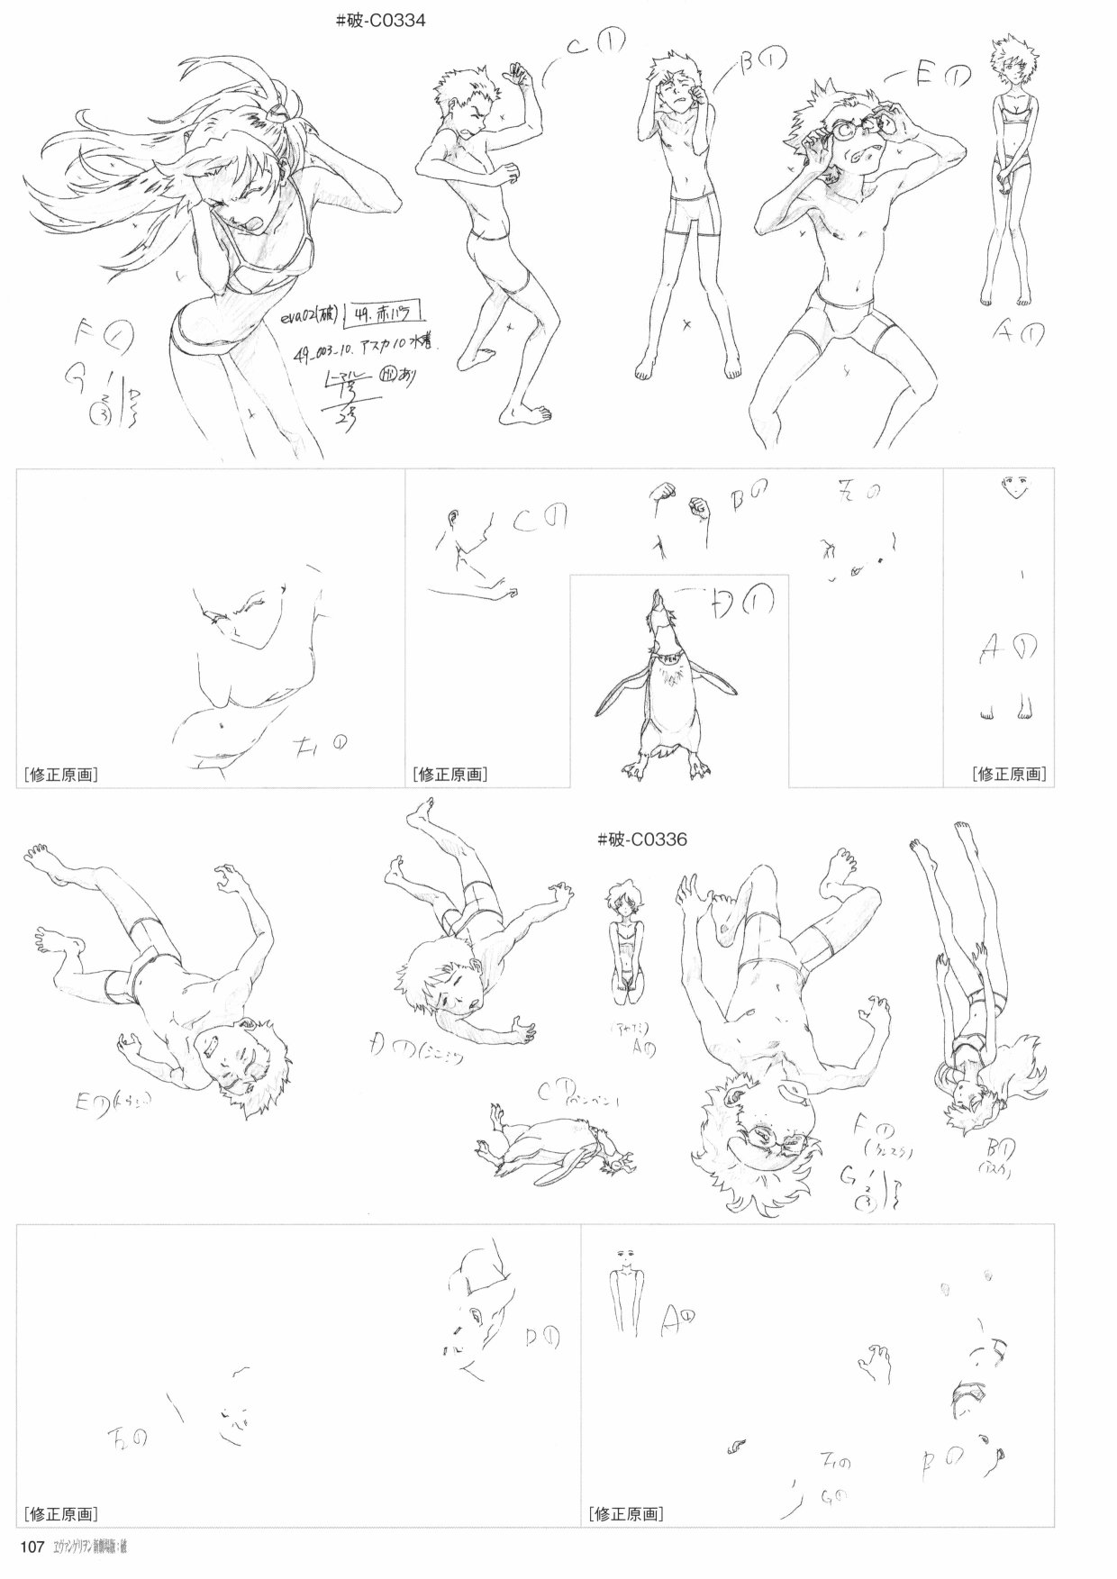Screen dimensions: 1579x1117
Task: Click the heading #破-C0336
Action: point(641,839)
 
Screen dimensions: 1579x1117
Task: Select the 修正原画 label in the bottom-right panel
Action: point(627,1513)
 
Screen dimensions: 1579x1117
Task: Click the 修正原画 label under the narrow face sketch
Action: point(1010,773)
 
